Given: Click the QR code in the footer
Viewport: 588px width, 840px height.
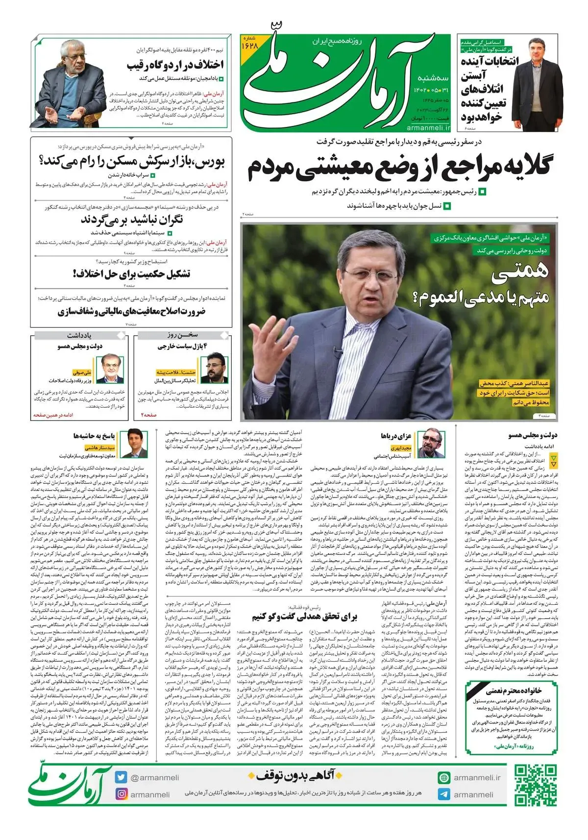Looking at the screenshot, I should pyautogui.click(x=535, y=785).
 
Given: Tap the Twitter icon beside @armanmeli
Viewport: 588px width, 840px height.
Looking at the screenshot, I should pyautogui.click(x=122, y=777).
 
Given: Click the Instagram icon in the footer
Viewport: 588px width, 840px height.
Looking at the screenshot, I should pyautogui.click(x=122, y=794).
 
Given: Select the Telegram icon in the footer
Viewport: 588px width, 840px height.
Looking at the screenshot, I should pyautogui.click(x=444, y=794).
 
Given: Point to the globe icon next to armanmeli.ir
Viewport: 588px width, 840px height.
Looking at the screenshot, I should pyautogui.click(x=444, y=778).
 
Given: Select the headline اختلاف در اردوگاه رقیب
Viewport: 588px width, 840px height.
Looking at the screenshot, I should pyautogui.click(x=175, y=65).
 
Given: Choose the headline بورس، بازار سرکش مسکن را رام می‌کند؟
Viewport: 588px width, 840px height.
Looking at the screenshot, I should pyautogui.click(x=131, y=161).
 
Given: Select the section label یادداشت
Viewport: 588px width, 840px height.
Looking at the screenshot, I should pyautogui.click(x=79, y=335).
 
